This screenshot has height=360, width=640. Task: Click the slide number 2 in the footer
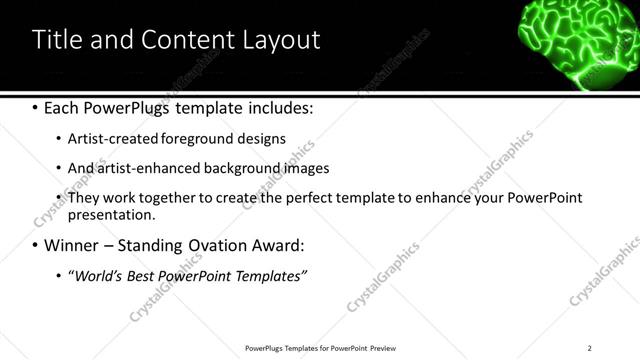tap(589, 348)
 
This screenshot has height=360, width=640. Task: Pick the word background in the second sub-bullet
tap(242, 168)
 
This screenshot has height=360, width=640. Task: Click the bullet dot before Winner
tap(36, 246)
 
